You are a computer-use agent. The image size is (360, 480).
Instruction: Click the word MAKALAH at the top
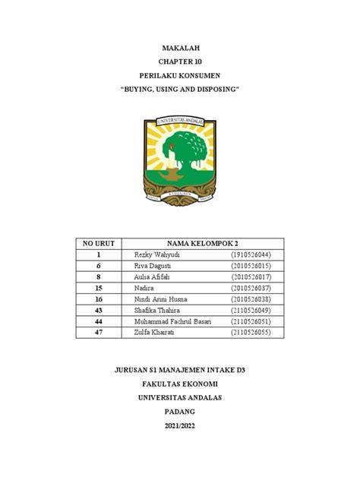click(180, 48)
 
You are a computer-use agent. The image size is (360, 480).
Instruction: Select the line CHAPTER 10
click(180, 62)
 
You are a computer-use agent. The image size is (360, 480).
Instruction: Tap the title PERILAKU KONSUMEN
click(180, 77)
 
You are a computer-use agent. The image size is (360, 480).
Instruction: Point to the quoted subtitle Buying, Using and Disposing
click(180, 90)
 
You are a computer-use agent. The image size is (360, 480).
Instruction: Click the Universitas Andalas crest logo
click(180, 159)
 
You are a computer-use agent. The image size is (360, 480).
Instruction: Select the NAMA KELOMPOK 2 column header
click(199, 243)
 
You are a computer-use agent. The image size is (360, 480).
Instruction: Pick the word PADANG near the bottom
click(180, 412)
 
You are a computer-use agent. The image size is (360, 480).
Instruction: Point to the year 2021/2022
click(180, 426)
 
